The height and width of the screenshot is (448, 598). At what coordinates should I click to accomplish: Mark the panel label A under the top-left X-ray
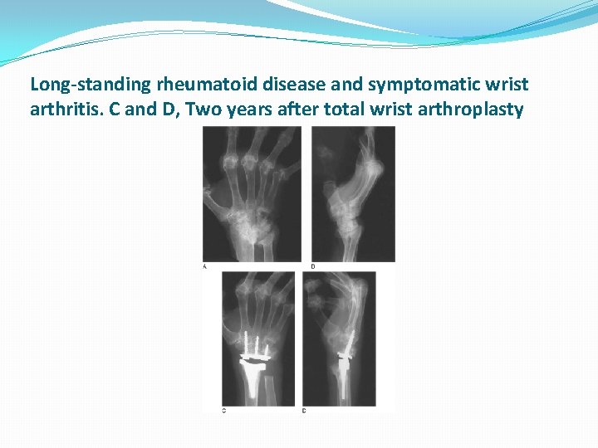tap(205, 266)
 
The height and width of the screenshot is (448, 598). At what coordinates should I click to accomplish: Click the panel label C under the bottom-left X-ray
tap(224, 410)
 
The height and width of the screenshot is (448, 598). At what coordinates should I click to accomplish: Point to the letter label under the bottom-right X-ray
tap(304, 410)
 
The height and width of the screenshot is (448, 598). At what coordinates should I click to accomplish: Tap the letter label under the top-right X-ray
tap(312, 266)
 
